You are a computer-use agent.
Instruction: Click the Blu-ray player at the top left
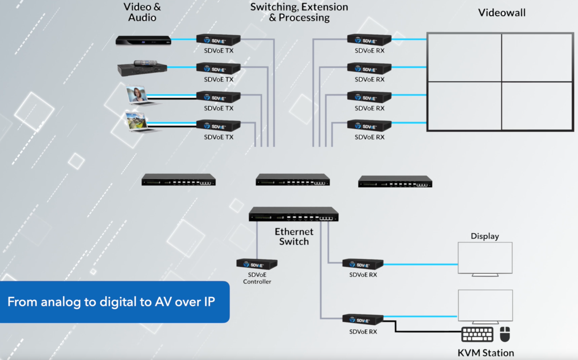(x=143, y=40)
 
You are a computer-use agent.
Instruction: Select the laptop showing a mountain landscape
(x=137, y=122)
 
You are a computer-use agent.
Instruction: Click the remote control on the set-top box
(x=145, y=63)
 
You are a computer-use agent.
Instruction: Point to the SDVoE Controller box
(x=257, y=264)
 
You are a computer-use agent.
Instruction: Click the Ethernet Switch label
(x=294, y=236)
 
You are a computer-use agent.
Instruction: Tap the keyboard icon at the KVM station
(x=477, y=334)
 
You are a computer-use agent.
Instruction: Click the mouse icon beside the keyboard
(x=505, y=334)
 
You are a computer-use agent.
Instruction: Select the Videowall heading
(x=502, y=13)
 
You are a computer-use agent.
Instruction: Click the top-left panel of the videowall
(x=465, y=57)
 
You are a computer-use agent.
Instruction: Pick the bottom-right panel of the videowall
(x=537, y=106)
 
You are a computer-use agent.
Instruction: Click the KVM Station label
(x=486, y=353)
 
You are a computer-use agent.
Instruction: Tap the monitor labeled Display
(x=485, y=258)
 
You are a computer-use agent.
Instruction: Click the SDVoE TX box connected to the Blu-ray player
(x=218, y=40)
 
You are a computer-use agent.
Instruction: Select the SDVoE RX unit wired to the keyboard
(x=363, y=319)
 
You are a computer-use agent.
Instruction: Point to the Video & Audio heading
(x=142, y=12)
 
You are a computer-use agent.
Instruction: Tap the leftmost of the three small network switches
(x=178, y=180)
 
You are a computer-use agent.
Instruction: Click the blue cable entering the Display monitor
(x=421, y=264)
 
